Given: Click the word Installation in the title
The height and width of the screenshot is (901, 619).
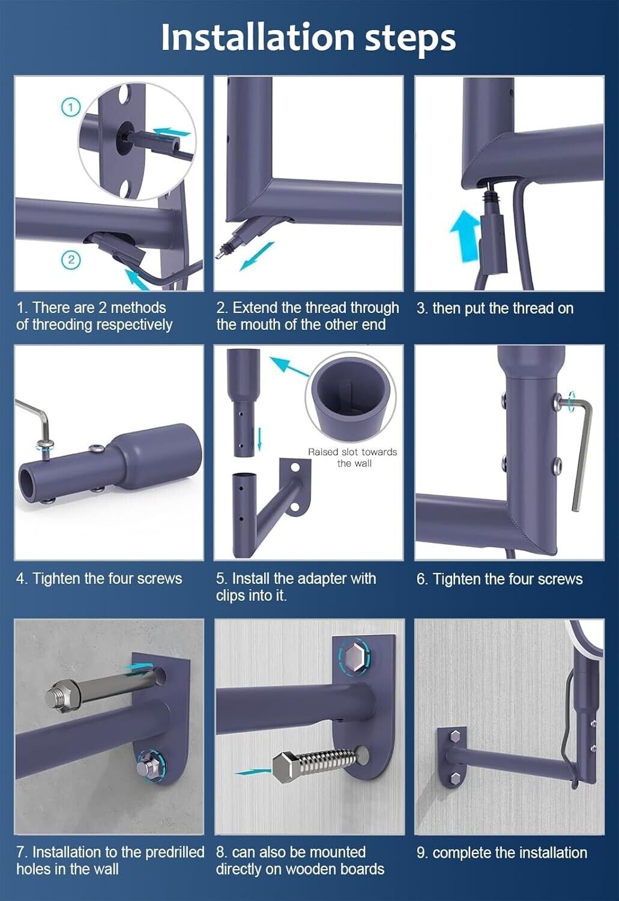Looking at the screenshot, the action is click(x=258, y=37).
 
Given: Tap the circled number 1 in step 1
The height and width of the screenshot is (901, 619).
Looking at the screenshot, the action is click(x=71, y=108).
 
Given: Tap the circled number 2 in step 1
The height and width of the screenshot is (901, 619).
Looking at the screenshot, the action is click(x=71, y=259).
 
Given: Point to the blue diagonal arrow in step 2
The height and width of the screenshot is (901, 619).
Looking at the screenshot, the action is click(x=257, y=256).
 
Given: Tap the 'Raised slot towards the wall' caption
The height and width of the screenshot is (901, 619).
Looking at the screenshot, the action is click(x=352, y=458).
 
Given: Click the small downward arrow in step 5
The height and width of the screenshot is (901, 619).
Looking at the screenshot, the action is click(x=259, y=439).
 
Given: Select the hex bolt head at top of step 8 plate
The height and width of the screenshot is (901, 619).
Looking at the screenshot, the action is click(x=355, y=660).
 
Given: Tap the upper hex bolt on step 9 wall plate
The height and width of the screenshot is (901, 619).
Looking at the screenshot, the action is click(x=455, y=736).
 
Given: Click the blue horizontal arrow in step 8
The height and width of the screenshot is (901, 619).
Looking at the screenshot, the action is click(x=253, y=772).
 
